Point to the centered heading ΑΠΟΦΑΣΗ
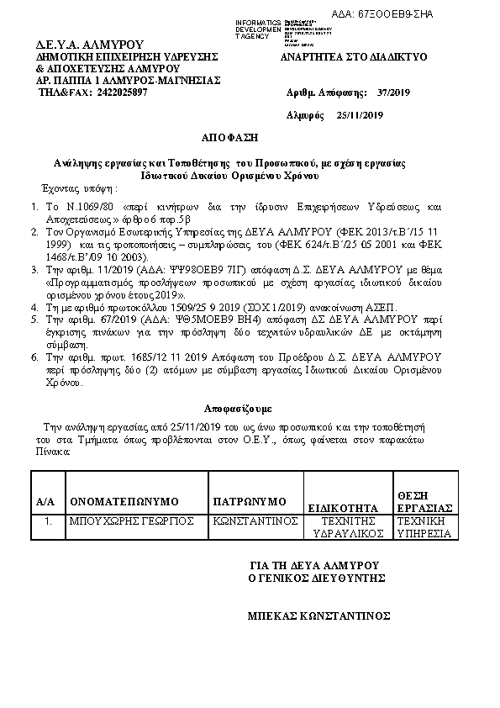[x=227, y=137]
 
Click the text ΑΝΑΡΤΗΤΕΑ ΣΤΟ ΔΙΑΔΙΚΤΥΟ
[x=354, y=56]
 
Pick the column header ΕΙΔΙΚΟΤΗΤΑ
[x=344, y=508]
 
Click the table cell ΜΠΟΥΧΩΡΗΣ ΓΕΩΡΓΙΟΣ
[x=132, y=521]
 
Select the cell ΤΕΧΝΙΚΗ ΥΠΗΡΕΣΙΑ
[x=424, y=527]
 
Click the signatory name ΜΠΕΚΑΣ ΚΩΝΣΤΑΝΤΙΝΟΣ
[x=318, y=616]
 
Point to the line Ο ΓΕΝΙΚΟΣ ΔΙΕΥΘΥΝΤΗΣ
[x=317, y=578]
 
